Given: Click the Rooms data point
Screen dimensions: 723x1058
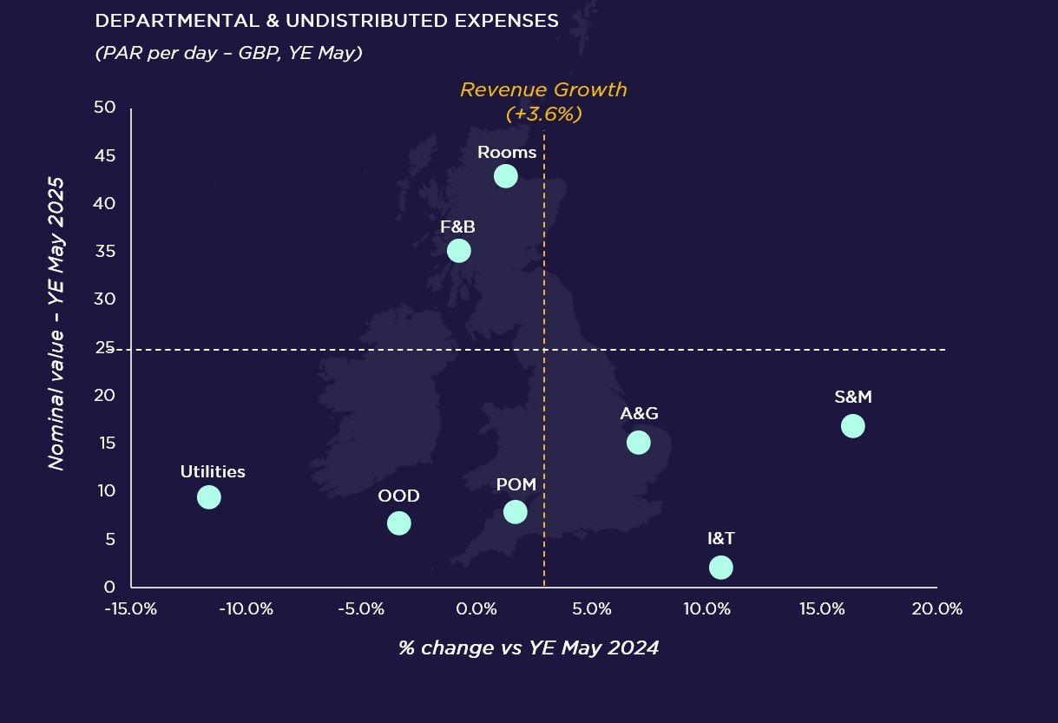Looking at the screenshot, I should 505,176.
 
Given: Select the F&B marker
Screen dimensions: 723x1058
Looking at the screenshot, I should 458,251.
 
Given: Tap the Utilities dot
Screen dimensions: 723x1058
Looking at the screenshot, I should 208,497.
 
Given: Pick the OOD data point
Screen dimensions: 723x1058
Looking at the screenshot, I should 398,523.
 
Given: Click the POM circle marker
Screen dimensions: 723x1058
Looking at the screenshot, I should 515,511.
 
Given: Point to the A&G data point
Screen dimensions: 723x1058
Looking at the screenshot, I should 638,443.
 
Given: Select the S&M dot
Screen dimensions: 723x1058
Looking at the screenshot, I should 852,426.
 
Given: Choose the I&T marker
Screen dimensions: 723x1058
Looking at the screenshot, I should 720,567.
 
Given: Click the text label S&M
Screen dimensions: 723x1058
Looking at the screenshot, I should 852,398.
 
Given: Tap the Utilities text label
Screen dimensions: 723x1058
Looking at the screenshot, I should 213,472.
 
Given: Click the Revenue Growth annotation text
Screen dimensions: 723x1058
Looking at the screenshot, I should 543,90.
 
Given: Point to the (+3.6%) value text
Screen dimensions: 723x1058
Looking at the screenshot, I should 543,114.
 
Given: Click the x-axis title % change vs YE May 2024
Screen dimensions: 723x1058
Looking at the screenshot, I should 529,647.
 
